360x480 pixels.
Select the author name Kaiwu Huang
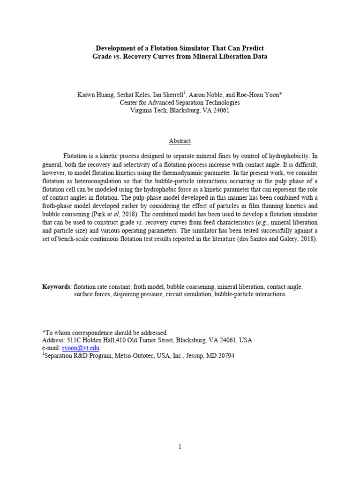click(x=96, y=95)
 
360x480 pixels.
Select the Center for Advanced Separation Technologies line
click(x=180, y=103)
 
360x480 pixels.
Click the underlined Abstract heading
click(x=180, y=141)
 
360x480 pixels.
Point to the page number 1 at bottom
click(x=180, y=447)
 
